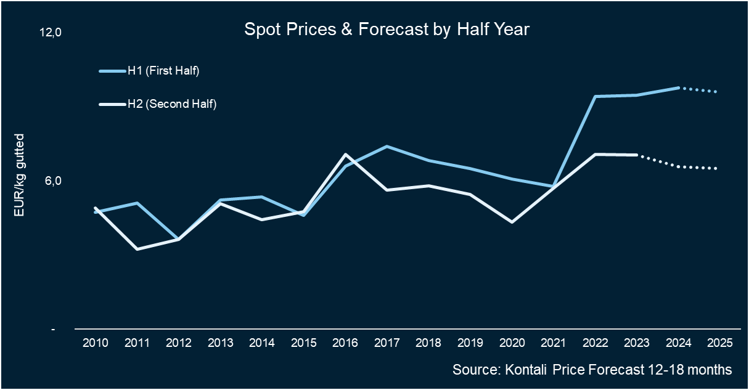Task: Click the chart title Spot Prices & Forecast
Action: pyautogui.click(x=387, y=30)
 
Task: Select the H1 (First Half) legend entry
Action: pyautogui.click(x=163, y=71)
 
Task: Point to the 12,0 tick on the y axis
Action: pyautogui.click(x=51, y=33)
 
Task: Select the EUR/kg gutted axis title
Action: pyautogui.click(x=19, y=175)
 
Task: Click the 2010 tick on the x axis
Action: pyautogui.click(x=96, y=343)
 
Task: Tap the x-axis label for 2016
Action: pyautogui.click(x=345, y=343)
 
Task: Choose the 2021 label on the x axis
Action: pyautogui.click(x=552, y=343)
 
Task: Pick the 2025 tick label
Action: pyautogui.click(x=718, y=343)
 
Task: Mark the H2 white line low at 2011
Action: pyautogui.click(x=137, y=249)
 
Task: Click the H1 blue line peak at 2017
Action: pyautogui.click(x=387, y=147)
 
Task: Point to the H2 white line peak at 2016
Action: pyautogui.click(x=345, y=154)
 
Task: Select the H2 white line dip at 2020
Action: pyautogui.click(x=511, y=222)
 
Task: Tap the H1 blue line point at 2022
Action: pyautogui.click(x=594, y=97)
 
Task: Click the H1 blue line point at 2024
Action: pyautogui.click(x=677, y=88)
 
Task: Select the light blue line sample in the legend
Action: pyautogui.click(x=112, y=71)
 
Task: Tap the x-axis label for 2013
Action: pyautogui.click(x=220, y=343)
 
